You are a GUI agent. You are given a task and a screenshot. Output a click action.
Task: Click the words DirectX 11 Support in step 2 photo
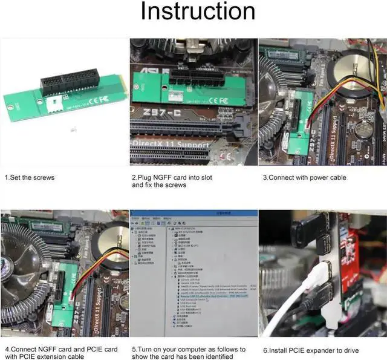click(x=171, y=145)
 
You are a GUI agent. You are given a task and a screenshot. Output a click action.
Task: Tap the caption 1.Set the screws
click(x=30, y=177)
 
